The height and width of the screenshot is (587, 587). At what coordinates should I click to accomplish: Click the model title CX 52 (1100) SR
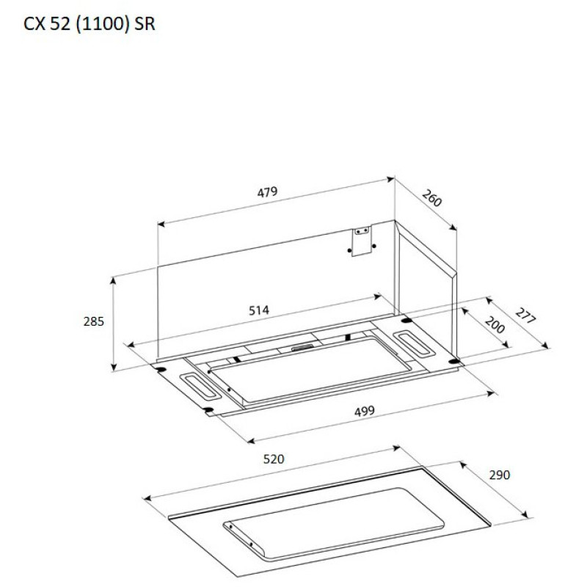coord(89,24)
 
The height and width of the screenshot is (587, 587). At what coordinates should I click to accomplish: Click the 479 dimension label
coord(267,192)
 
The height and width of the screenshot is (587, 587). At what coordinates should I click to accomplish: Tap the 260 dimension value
coord(432,198)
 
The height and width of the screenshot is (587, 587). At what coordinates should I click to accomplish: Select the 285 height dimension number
coord(94,321)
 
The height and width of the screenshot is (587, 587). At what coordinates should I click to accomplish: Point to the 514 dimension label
coord(259,310)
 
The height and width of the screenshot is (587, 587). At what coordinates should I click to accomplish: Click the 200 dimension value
coord(495,324)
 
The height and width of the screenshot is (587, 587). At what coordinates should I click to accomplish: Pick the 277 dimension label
coord(525,316)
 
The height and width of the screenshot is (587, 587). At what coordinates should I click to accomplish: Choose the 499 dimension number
coord(364,411)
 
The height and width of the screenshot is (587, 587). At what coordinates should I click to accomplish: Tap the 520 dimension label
coord(274,459)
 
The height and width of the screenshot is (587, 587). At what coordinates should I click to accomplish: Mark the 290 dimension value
coord(500,475)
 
